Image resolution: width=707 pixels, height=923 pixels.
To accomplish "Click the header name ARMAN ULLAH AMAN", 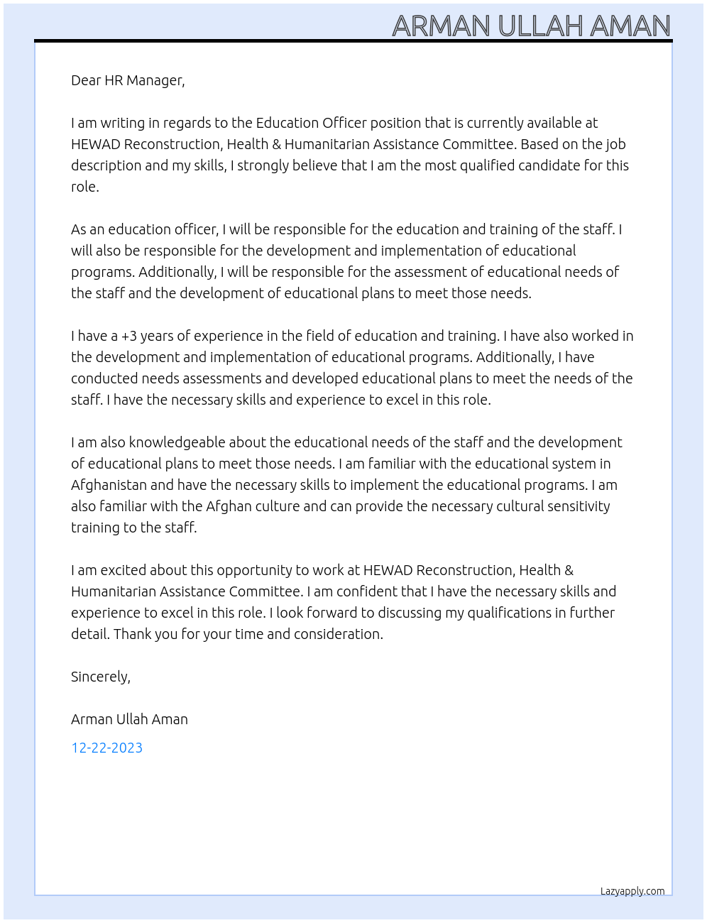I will tap(531, 26).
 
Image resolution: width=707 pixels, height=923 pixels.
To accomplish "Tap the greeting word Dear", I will tap(86, 80).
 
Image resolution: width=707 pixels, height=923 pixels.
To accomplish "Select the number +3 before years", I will tap(129, 336).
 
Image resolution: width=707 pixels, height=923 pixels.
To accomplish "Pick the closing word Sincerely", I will tap(100, 677).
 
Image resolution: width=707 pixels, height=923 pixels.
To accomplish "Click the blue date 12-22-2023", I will tap(106, 748).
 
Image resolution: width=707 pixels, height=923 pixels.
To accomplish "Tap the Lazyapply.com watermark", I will tap(632, 891).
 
